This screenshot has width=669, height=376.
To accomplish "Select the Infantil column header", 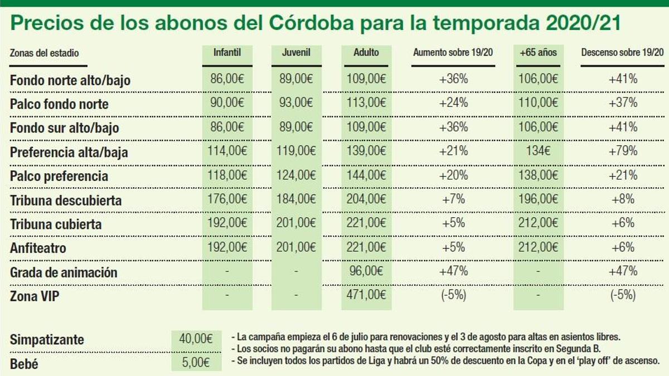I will click(227, 53).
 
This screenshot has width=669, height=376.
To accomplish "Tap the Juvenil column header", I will click(296, 53).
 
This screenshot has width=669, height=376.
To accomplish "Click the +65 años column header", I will click(538, 53).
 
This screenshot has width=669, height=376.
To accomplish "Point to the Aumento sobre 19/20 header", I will click(452, 53).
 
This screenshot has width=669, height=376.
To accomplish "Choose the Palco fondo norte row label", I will click(59, 104).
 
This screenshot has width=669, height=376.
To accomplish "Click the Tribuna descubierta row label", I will click(66, 200).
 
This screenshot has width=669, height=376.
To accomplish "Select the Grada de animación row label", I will click(64, 272).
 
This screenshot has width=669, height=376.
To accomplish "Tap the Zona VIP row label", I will click(35, 296).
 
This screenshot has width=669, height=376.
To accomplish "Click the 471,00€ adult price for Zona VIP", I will click(366, 295).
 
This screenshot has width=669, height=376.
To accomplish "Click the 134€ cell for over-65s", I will click(538, 151).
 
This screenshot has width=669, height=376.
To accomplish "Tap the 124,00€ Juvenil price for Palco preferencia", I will click(297, 175).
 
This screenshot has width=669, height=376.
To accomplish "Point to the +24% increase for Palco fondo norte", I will click(453, 103).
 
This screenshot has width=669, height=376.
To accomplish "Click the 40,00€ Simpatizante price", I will click(195, 339).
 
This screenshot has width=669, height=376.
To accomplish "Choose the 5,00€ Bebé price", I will click(195, 363).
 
